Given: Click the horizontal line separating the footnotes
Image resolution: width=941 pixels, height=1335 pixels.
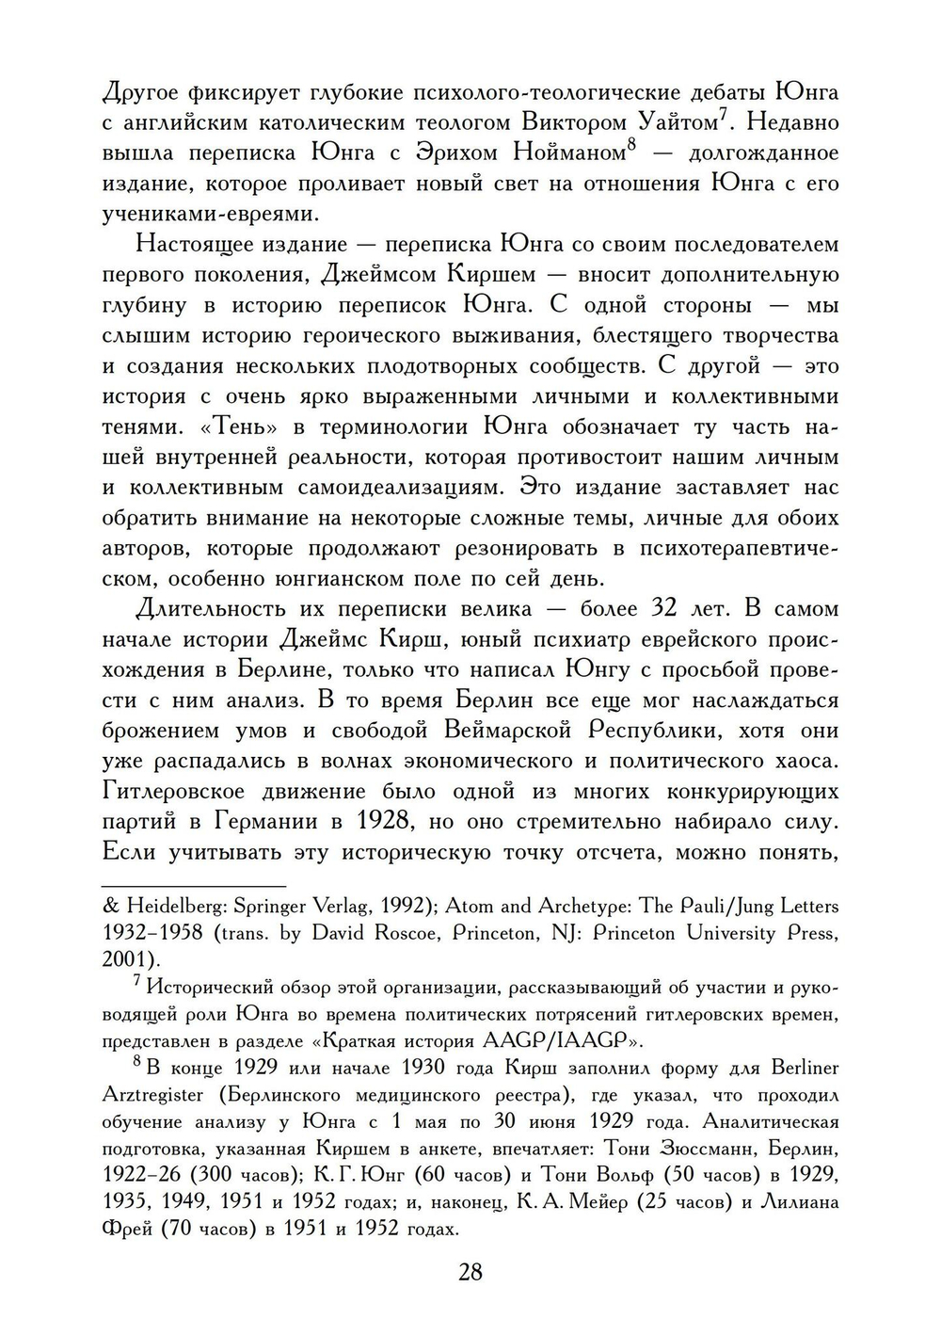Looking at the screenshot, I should click(x=193, y=886).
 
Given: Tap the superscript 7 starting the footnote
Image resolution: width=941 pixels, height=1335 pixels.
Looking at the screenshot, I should click(x=136, y=982).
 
